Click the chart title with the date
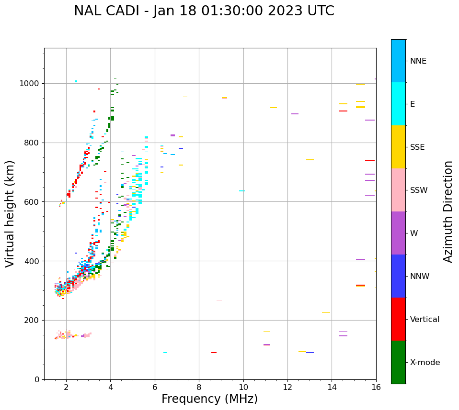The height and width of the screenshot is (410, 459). (204, 11)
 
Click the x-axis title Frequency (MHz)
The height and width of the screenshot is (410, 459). (209, 399)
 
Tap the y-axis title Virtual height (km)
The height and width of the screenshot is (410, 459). (10, 214)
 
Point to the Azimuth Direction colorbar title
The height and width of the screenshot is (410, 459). (448, 211)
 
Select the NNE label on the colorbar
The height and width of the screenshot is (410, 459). (418, 61)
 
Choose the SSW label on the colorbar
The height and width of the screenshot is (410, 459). (418, 190)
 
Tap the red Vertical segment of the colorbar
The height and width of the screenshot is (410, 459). (398, 319)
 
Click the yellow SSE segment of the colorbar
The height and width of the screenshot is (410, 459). (398, 147)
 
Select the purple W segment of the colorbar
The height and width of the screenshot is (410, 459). (398, 233)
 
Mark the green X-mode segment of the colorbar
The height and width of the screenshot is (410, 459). (398, 362)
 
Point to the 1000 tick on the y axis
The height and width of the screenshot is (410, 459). (31, 84)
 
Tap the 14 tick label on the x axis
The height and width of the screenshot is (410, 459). (332, 387)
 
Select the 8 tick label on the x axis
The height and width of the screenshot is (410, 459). (199, 387)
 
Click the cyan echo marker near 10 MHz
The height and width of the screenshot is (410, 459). (242, 191)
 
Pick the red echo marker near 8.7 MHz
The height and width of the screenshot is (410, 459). (214, 353)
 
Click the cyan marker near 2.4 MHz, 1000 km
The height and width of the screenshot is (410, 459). (76, 81)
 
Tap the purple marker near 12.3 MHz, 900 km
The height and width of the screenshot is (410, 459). (295, 114)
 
